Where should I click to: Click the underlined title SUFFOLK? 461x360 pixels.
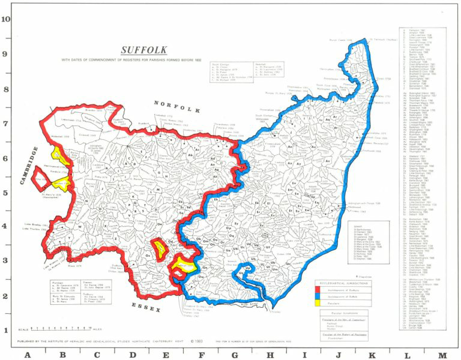tap(144, 50)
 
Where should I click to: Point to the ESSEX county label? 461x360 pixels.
tap(148, 305)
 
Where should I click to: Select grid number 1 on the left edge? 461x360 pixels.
tap(5, 330)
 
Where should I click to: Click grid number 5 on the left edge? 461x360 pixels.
tap(5, 193)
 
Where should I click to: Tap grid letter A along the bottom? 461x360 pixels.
tap(27, 355)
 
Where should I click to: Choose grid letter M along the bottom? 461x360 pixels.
tap(442, 355)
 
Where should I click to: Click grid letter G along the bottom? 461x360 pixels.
tap(235, 355)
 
